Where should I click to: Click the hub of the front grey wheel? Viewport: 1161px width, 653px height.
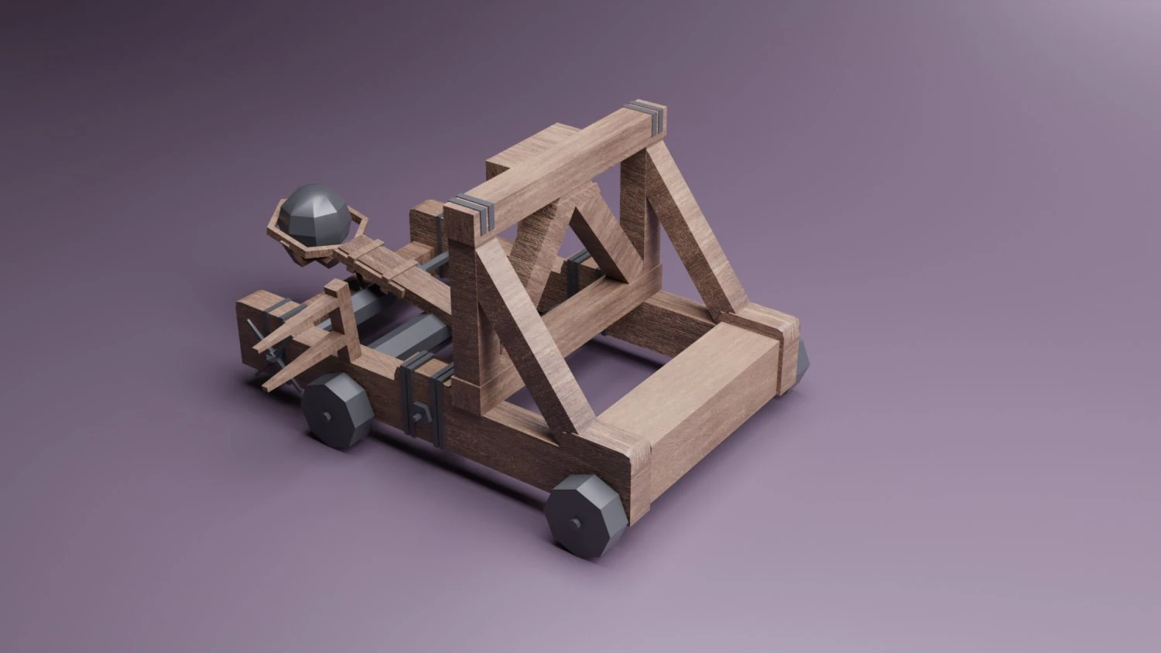[575, 525]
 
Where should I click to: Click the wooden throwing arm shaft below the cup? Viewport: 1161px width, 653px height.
[387, 263]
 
